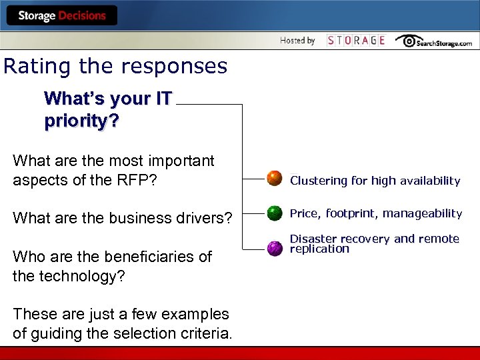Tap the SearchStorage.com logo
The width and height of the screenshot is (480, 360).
pos(434,41)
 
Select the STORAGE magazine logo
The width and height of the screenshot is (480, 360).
pos(356,41)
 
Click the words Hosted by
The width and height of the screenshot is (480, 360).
pos(297,41)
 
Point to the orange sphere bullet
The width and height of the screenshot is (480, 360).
pos(275,179)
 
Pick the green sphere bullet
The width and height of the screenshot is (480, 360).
pos(275,213)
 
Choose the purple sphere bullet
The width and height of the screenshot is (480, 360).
pos(275,248)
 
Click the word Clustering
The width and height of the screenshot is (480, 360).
pos(319,181)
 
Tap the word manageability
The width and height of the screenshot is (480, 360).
pos(422,213)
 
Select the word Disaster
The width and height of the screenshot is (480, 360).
pos(313,239)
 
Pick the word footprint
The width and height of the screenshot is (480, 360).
pos(351,213)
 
